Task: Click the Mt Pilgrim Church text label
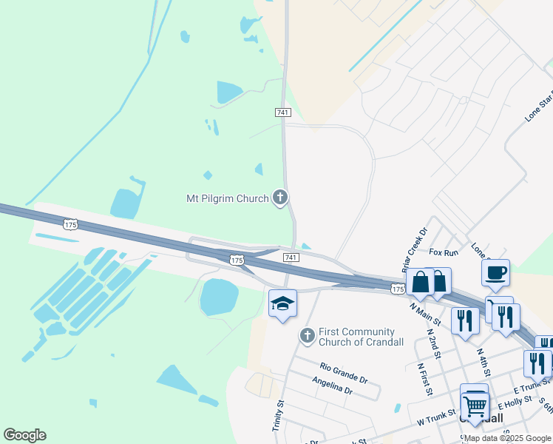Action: [227, 198]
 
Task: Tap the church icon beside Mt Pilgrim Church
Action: [280, 198]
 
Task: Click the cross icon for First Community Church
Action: [307, 337]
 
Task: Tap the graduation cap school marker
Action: [282, 303]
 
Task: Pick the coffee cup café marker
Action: [495, 272]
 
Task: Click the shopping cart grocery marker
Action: [474, 403]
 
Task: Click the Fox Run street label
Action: [444, 252]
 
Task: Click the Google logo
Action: [24, 435]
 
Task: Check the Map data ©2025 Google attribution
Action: [506, 439]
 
